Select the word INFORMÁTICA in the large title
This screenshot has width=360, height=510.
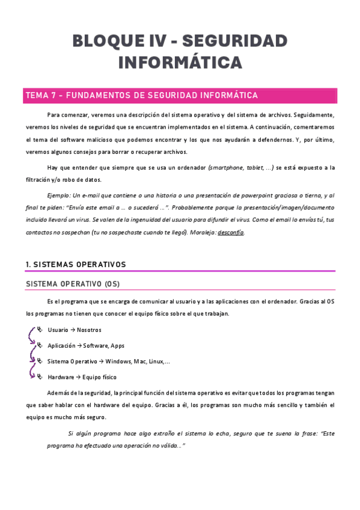click(x=180, y=63)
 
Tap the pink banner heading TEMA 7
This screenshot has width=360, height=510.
click(x=141, y=96)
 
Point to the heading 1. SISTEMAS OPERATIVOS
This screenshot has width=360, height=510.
click(x=76, y=264)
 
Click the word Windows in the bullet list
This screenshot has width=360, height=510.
click(x=118, y=361)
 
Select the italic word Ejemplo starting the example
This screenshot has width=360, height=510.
click(x=58, y=195)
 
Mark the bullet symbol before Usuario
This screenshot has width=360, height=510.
click(x=40, y=330)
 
